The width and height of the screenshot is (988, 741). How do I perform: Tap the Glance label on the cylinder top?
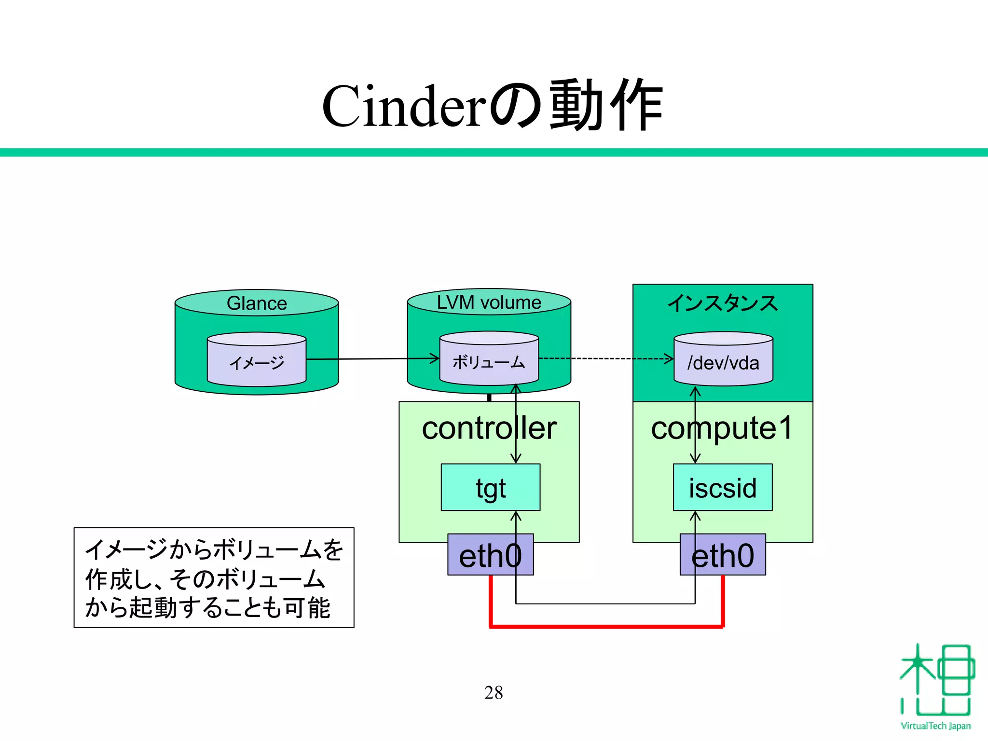[257, 303]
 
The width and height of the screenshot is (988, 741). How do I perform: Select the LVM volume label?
[489, 302]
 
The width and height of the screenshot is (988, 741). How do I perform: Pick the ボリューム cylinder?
[489, 362]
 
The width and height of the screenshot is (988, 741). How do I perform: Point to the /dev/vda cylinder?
[723, 363]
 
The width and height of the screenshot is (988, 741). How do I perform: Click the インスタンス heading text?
[723, 303]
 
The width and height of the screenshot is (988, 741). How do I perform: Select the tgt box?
[490, 488]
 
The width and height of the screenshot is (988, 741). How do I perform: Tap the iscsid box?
[723, 488]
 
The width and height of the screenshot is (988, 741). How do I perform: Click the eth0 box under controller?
[490, 555]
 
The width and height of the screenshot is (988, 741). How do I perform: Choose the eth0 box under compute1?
[723, 555]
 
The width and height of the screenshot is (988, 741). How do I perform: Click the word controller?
[489, 428]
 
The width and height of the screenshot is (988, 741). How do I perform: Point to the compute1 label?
[722, 428]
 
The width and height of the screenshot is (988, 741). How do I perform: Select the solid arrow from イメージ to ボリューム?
[371, 359]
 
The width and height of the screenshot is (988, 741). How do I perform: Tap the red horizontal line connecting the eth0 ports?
[606, 626]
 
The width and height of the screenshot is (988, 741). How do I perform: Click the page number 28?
[494, 693]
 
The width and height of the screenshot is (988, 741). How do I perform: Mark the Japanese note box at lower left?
[214, 578]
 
